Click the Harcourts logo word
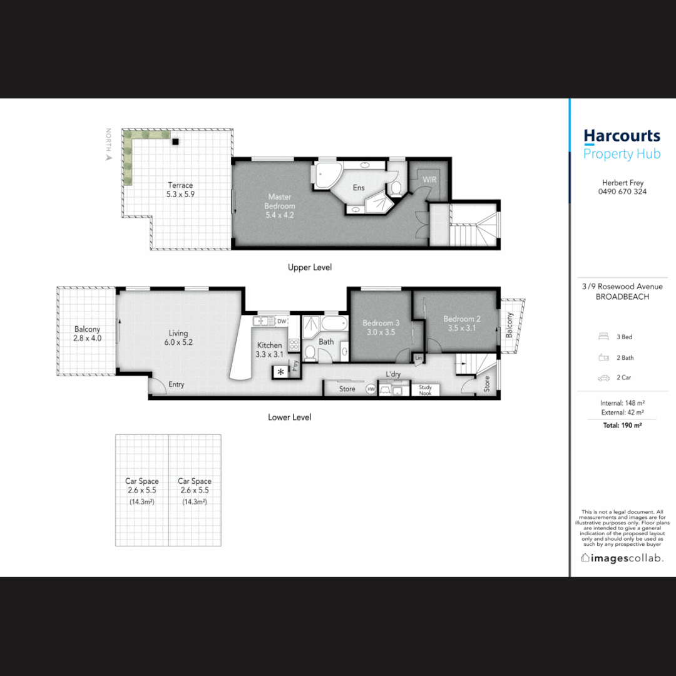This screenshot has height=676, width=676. pyautogui.click(x=622, y=136)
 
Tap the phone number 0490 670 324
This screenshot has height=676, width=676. pyautogui.click(x=622, y=192)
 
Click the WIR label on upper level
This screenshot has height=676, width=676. pyautogui.click(x=429, y=180)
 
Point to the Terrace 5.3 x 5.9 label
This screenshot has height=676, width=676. pyautogui.click(x=180, y=190)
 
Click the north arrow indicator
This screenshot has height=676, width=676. pyautogui.click(x=109, y=158)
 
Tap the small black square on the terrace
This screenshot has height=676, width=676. pyautogui.click(x=177, y=141)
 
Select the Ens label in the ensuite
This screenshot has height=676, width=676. pyautogui.click(x=359, y=188)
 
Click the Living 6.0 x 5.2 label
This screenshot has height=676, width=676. pyautogui.click(x=178, y=337)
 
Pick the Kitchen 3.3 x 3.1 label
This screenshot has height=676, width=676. pyautogui.click(x=270, y=349)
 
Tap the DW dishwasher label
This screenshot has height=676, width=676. pyautogui.click(x=282, y=321)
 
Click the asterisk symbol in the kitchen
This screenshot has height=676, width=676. pyautogui.click(x=280, y=372)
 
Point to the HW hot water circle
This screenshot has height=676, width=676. pyautogui.click(x=371, y=389)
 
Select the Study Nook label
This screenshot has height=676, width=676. pyautogui.click(x=426, y=390)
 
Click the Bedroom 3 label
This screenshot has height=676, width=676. pyautogui.click(x=381, y=327)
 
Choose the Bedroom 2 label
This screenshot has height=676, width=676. pyautogui.click(x=462, y=323)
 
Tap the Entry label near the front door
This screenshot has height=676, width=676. pyautogui.click(x=177, y=384)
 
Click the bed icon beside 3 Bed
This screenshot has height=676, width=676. pyautogui.click(x=603, y=337)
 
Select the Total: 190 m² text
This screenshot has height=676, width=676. pyautogui.click(x=622, y=425)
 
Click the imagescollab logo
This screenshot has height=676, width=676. pyautogui.click(x=622, y=558)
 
